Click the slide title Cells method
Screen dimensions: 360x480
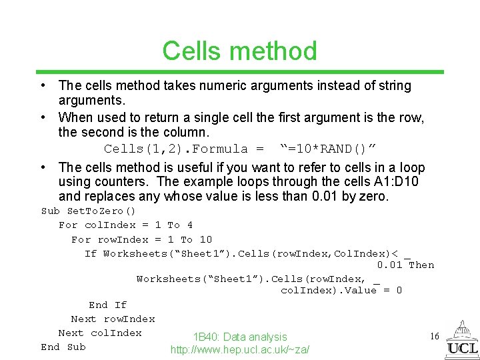tap(239, 51)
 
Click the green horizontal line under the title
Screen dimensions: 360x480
tap(239, 72)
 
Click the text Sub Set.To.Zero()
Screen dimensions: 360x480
tap(88, 211)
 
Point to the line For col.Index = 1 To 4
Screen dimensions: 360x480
tap(125, 225)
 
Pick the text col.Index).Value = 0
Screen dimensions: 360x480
tap(341, 291)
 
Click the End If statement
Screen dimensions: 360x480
tap(107, 305)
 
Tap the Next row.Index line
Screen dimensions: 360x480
tap(113, 319)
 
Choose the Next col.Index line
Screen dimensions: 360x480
tap(100, 333)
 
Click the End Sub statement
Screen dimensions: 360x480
tap(63, 347)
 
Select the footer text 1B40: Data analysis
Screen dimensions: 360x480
tap(240, 337)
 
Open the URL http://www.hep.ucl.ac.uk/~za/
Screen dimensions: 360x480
tap(240, 349)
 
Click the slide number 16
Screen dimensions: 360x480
tap(434, 337)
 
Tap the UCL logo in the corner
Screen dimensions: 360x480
tap(461, 340)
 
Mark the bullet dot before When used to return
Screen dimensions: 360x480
tap(42, 117)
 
